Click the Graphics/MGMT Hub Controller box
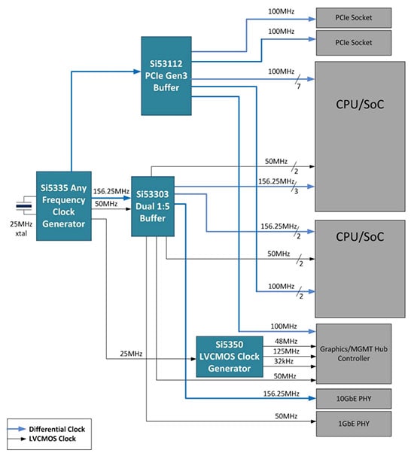pos(354,354)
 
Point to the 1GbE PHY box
pos(354,424)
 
